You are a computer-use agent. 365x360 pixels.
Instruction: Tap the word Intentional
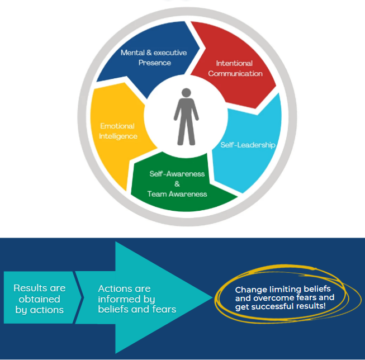[234, 63]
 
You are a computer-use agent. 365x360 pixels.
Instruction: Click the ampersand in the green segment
[177, 184]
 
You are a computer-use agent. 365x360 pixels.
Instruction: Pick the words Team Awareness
[177, 194]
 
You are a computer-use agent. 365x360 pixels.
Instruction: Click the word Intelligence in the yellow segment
[118, 136]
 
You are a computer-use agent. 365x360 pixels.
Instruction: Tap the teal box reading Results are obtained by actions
[39, 299]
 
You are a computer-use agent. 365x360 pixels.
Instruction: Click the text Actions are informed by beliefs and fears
[137, 299]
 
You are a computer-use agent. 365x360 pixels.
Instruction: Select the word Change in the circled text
[250, 290]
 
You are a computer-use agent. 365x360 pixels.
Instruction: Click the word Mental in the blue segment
[132, 53]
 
